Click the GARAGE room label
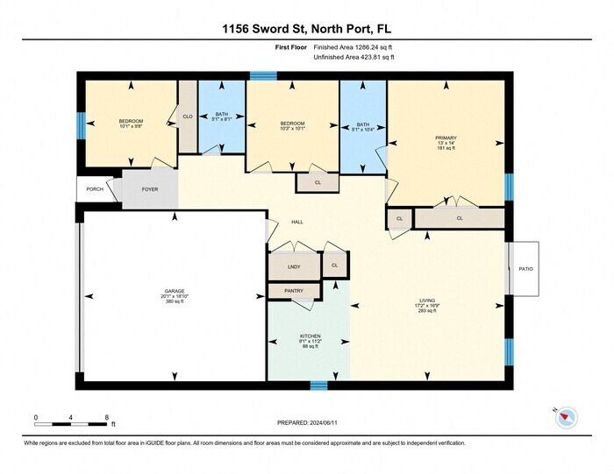tap(174, 290)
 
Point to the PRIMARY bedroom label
tap(446, 138)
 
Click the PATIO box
tap(525, 269)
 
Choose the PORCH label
tap(95, 189)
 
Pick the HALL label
tap(297, 223)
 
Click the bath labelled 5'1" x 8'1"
tap(221, 115)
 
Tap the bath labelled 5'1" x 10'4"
tap(362, 125)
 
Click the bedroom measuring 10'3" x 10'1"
tap(292, 124)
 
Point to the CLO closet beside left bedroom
tap(188, 117)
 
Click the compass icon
tap(565, 418)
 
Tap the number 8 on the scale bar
tap(107, 416)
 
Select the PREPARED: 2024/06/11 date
tap(307, 421)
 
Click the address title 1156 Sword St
tap(306, 28)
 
